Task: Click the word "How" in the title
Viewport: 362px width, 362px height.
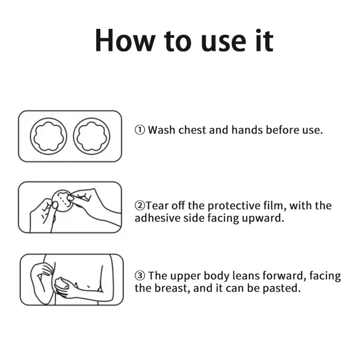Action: (125, 41)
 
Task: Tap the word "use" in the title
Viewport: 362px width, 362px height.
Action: (224, 43)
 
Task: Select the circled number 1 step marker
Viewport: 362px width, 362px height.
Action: (140, 130)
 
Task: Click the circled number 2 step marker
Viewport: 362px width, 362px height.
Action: (140, 205)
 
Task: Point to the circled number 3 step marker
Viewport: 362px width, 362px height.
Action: (140, 276)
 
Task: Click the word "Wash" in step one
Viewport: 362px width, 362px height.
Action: (162, 130)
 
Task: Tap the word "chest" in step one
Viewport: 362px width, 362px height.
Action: (192, 130)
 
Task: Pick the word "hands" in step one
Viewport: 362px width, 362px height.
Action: (247, 130)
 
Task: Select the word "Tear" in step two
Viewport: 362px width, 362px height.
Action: (157, 205)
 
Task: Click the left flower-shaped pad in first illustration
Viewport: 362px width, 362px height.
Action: (48, 136)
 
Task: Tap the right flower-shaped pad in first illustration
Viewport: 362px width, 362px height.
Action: (92, 136)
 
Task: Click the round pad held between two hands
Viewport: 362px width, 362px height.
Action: (62, 200)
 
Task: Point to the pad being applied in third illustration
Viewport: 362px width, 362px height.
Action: (62, 284)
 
